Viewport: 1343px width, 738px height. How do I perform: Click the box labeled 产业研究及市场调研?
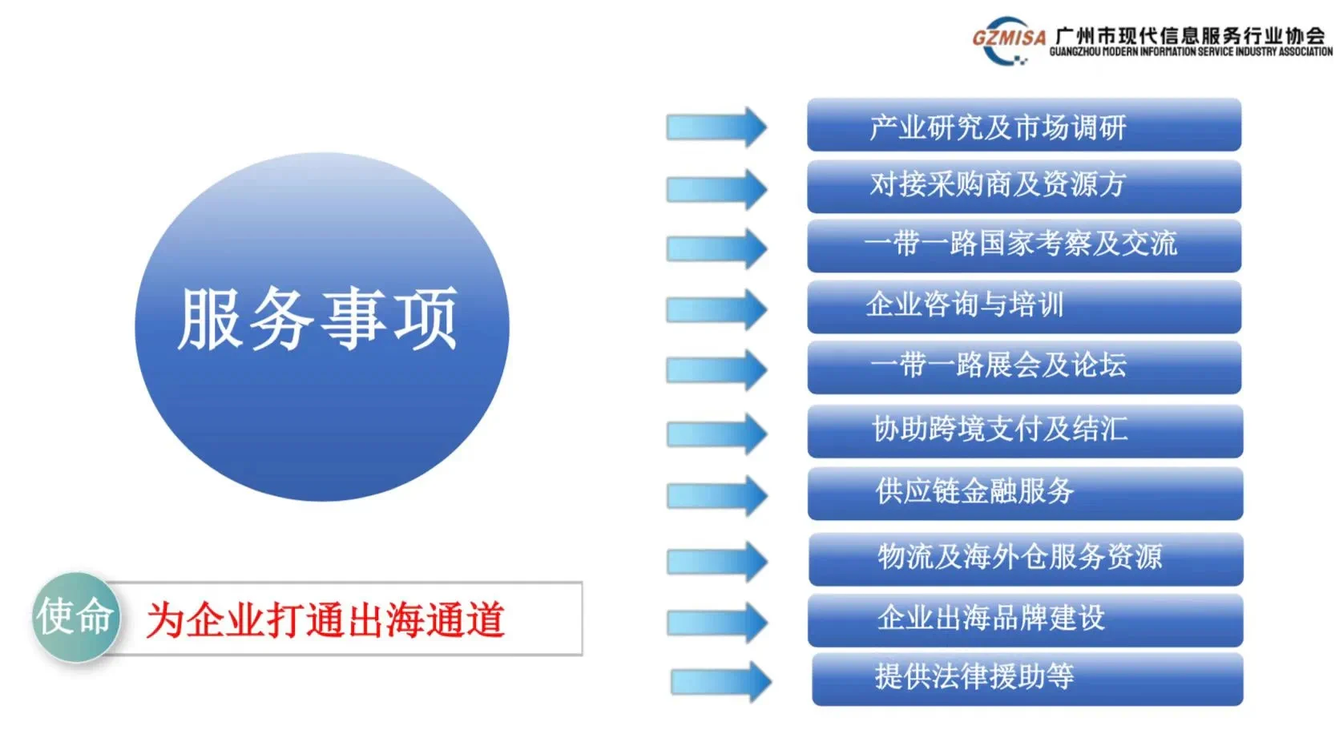pyautogui.click(x=1024, y=125)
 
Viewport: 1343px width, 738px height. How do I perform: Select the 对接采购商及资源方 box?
pyautogui.click(x=1024, y=187)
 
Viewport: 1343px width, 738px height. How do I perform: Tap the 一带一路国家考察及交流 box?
pyautogui.click(x=1024, y=246)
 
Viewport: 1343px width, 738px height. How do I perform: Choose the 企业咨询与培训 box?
pyautogui.click(x=1024, y=307)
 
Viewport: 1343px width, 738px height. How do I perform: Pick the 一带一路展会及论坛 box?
pyautogui.click(x=1024, y=368)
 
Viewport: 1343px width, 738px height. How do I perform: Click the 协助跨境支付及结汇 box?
pyautogui.click(x=1025, y=431)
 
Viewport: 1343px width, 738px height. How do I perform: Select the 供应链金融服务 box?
pyautogui.click(x=1025, y=494)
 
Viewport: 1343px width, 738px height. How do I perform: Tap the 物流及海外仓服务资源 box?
pyautogui.click(x=1026, y=559)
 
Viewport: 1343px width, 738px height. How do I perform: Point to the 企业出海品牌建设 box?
pyautogui.click(x=1025, y=620)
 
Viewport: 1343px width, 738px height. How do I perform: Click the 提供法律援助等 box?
pyautogui.click(x=1027, y=680)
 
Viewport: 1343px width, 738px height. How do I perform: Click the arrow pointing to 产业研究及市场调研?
pyautogui.click(x=716, y=127)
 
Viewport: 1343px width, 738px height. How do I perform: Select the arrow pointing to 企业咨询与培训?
pyautogui.click(x=716, y=309)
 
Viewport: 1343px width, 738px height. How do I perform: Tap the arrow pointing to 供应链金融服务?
pyautogui.click(x=717, y=496)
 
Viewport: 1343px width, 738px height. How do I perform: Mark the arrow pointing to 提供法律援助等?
pyautogui.click(x=721, y=682)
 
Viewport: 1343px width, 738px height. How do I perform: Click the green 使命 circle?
pyautogui.click(x=76, y=617)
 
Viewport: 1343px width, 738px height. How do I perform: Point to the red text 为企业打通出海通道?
pyautogui.click(x=325, y=619)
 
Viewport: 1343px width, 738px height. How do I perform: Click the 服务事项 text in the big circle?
pyautogui.click(x=318, y=318)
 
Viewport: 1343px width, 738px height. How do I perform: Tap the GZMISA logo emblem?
pyautogui.click(x=1008, y=40)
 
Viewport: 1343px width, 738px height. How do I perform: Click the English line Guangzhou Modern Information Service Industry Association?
pyautogui.click(x=1191, y=52)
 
